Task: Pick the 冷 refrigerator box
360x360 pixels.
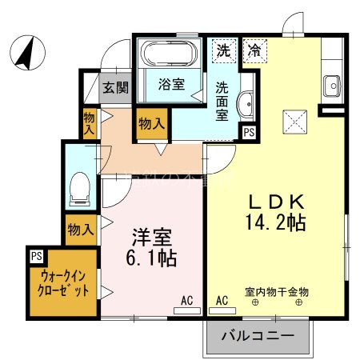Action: coord(253,50)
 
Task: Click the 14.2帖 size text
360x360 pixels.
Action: coord(278,222)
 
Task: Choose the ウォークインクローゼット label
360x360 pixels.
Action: coord(63,283)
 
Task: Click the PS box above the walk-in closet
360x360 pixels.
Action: coord(36,256)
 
